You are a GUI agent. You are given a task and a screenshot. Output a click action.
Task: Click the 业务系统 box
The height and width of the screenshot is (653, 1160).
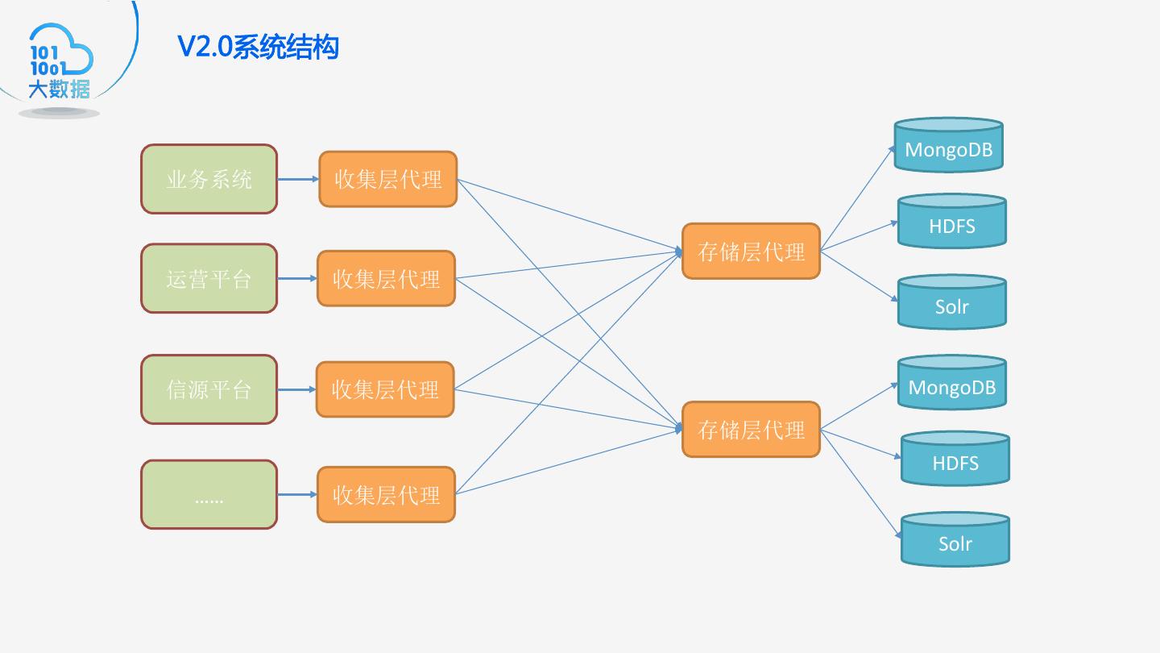pyautogui.click(x=209, y=179)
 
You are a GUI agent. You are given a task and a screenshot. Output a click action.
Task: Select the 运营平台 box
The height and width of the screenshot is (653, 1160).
pyautogui.click(x=209, y=278)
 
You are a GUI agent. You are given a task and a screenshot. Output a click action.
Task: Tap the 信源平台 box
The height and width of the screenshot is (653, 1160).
pyautogui.click(x=209, y=389)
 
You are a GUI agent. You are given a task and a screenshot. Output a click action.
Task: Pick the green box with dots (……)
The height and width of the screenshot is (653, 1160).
pyautogui.click(x=209, y=494)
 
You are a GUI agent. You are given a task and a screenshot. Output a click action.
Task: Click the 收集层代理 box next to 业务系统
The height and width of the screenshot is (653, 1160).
pyautogui.click(x=387, y=179)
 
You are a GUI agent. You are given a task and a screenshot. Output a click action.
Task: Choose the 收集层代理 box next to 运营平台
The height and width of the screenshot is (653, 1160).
pyautogui.click(x=386, y=278)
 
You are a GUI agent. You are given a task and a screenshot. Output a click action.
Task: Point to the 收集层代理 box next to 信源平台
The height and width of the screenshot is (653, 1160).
pyautogui.click(x=385, y=389)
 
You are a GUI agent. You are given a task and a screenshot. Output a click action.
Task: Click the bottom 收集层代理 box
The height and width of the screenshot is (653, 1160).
pyautogui.click(x=386, y=494)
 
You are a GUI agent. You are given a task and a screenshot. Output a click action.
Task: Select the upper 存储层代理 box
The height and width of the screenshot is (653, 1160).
pyautogui.click(x=751, y=252)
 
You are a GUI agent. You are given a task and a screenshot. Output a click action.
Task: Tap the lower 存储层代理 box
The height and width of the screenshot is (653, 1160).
pyautogui.click(x=751, y=430)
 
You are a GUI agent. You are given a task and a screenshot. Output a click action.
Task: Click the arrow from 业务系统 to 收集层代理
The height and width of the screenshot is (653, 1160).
pyautogui.click(x=297, y=179)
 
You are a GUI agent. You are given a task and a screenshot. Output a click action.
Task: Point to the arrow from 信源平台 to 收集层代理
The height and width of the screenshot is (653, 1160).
pyautogui.click(x=296, y=389)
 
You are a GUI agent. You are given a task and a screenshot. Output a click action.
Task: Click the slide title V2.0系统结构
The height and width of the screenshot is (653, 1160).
pyautogui.click(x=258, y=47)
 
